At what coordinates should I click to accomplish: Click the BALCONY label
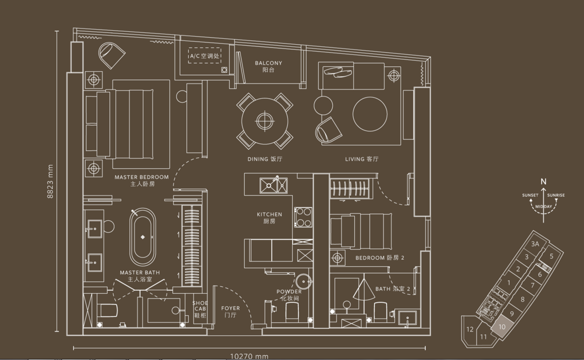(268, 63)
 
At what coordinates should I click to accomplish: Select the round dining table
(265, 121)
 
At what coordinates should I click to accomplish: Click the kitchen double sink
(274, 185)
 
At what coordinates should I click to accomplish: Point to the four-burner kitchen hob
(303, 217)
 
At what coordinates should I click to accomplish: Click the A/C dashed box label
(204, 56)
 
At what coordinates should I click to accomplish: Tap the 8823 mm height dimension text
(50, 181)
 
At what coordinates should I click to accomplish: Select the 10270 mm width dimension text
(249, 356)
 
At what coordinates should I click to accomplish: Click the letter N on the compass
(544, 182)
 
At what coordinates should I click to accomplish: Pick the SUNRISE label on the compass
(556, 195)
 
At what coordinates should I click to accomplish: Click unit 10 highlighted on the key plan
(501, 327)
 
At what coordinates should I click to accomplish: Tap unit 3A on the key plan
(535, 244)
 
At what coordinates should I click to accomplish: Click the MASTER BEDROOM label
(141, 177)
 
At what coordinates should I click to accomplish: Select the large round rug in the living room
(370, 114)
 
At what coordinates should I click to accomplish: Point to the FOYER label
(231, 308)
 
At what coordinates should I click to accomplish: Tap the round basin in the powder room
(304, 282)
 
